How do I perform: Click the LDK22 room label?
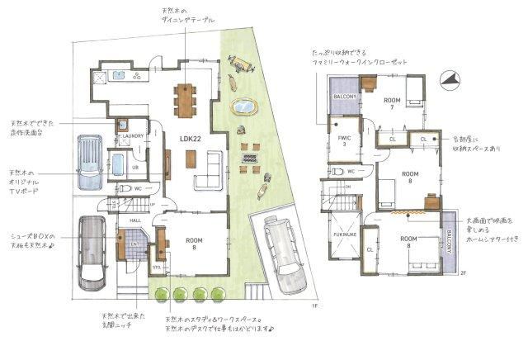(191, 140)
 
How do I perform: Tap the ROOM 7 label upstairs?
(392, 103)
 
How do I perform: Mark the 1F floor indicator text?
(313, 306)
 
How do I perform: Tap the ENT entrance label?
(134, 244)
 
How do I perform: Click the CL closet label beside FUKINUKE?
(370, 249)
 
